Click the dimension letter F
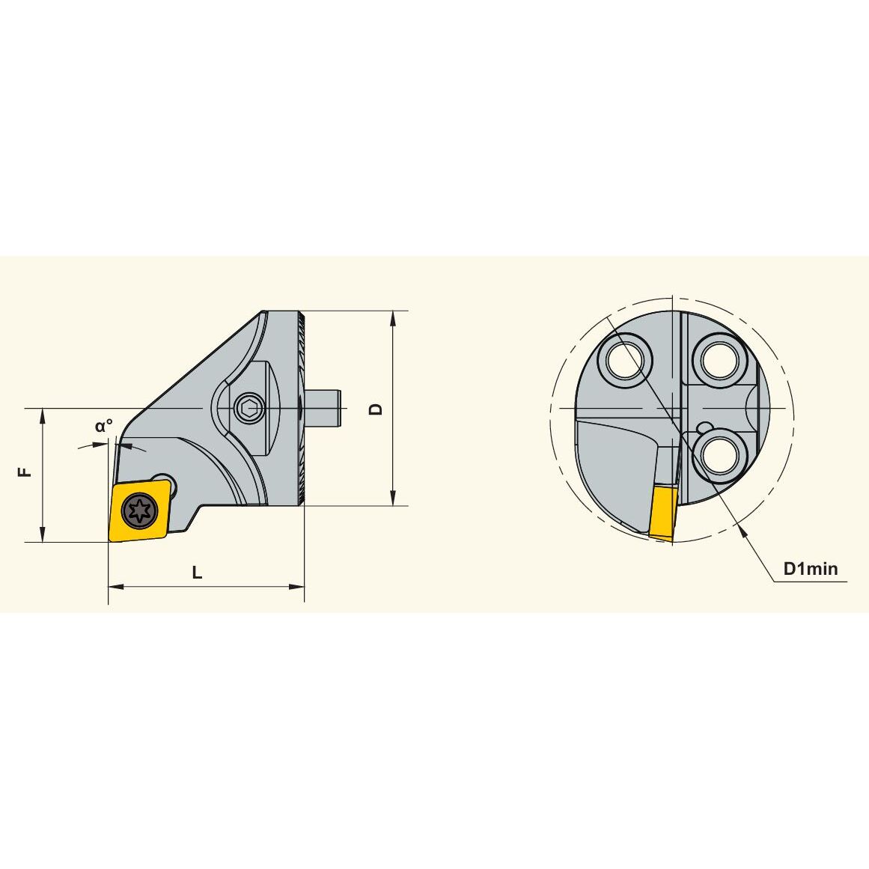[x=25, y=472]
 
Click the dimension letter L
[x=197, y=572]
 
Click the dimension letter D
[x=376, y=409]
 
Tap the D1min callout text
[x=811, y=568]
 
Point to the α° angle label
[x=103, y=426]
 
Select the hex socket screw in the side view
[x=248, y=409]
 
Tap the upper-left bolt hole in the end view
[x=625, y=361]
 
